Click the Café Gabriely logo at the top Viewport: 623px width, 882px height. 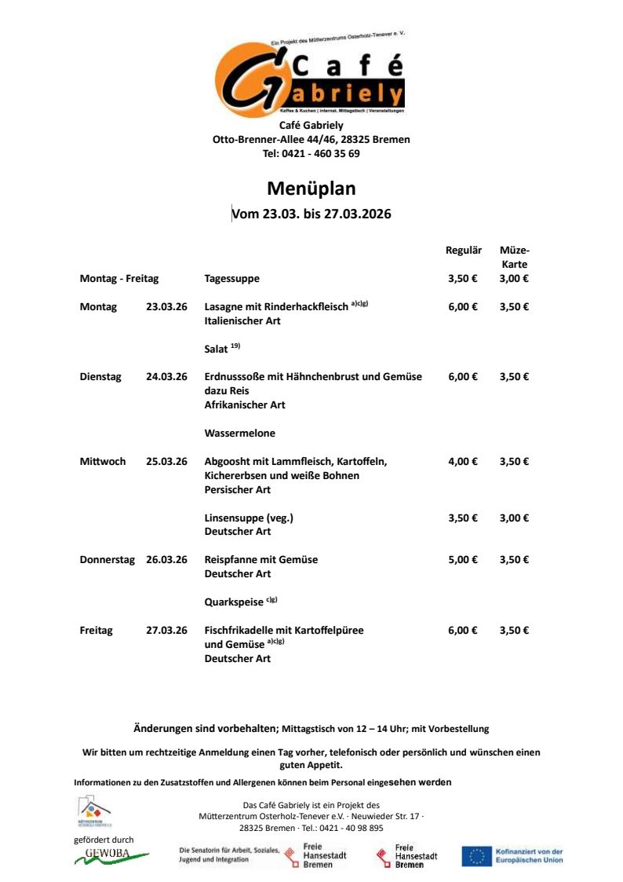[x=310, y=76]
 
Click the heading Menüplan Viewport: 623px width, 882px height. [x=311, y=188]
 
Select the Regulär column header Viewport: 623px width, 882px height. [x=463, y=251]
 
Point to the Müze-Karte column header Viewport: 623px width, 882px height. [x=514, y=257]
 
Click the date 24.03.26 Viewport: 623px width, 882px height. [x=166, y=377]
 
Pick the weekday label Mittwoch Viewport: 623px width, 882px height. [x=103, y=462]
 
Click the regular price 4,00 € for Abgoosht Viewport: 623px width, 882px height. [x=463, y=462]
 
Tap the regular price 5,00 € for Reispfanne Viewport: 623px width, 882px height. [x=463, y=560]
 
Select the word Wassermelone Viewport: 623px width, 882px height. [x=239, y=434]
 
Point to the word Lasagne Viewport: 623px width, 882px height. [x=224, y=307]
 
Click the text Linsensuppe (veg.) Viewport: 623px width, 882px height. [x=249, y=518]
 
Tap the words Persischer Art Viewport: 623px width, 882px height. [x=237, y=490]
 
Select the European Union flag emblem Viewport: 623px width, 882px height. [x=476, y=856]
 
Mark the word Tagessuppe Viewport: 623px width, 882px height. [x=231, y=279]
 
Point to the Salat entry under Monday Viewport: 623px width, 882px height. [x=216, y=349]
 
